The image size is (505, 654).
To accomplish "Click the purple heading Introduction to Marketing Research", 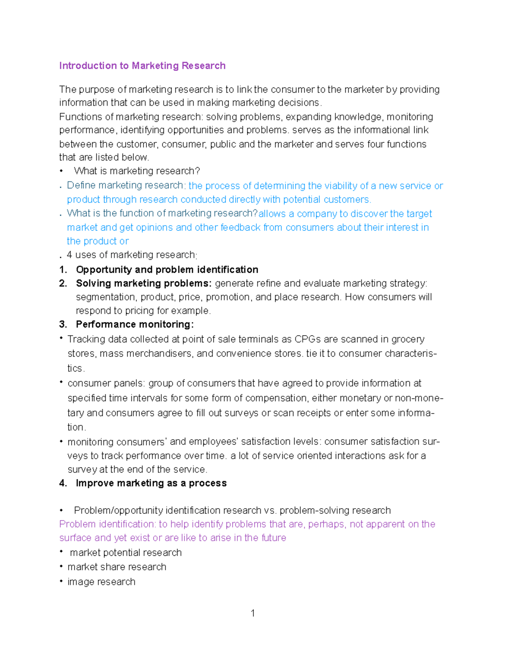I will pyautogui.click(x=142, y=66).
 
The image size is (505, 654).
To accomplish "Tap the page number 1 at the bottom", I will pyautogui.click(x=252, y=613).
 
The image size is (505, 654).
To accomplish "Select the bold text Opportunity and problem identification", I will pyautogui.click(x=167, y=270).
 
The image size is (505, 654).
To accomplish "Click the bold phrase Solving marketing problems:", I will pyautogui.click(x=144, y=283).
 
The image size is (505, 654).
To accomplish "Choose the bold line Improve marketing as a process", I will pyautogui.click(x=151, y=483).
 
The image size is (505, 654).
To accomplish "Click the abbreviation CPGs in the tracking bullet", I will pyautogui.click(x=308, y=339).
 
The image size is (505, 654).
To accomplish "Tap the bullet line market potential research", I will pyautogui.click(x=126, y=553).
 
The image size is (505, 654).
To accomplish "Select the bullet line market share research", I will pyautogui.click(x=117, y=567).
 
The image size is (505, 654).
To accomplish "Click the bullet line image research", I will pyautogui.click(x=101, y=582).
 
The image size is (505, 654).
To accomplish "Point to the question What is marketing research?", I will pyautogui.click(x=137, y=171).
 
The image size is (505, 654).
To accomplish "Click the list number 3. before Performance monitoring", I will pyautogui.click(x=63, y=324).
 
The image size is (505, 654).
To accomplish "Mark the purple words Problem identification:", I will pyautogui.click(x=108, y=524).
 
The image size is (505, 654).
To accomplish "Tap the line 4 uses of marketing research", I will pyautogui.click(x=131, y=255).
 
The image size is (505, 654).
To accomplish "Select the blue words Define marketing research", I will pyautogui.click(x=125, y=185).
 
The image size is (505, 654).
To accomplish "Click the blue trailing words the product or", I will pyautogui.click(x=98, y=241).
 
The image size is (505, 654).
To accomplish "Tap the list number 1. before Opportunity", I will pyautogui.click(x=63, y=270).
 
